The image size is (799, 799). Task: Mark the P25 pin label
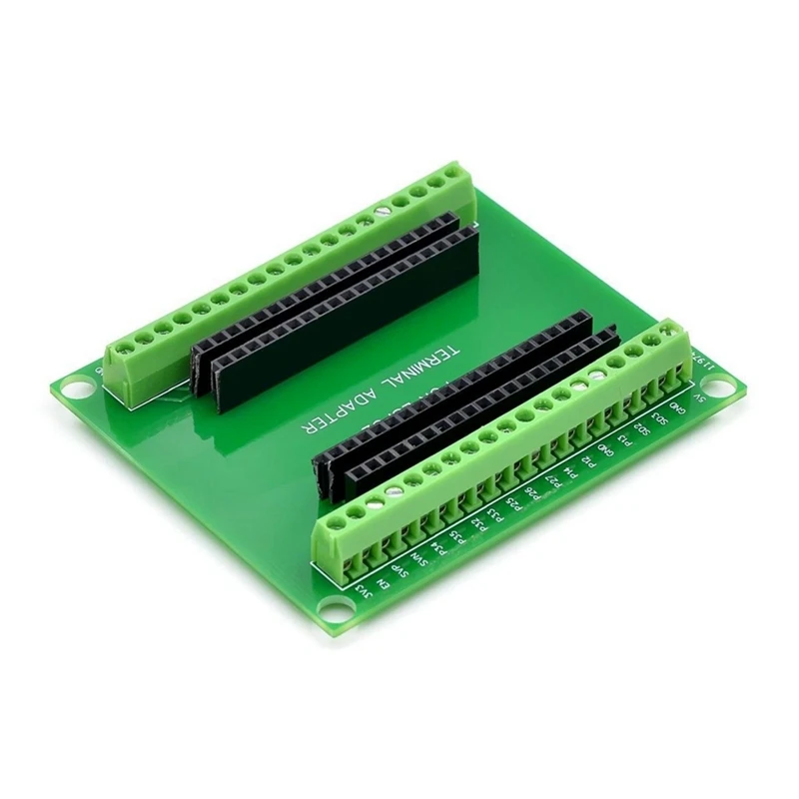click(514, 506)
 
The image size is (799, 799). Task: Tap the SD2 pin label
click(643, 431)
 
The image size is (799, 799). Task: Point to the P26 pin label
click(533, 495)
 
